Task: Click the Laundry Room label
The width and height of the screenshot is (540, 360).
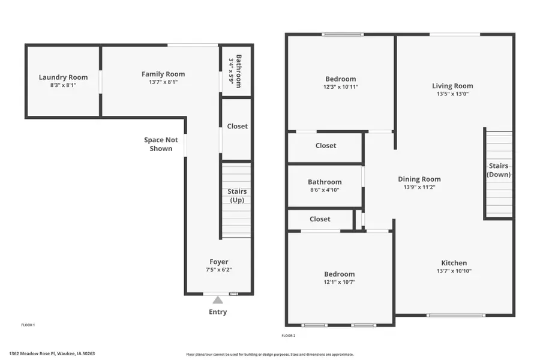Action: click(63, 77)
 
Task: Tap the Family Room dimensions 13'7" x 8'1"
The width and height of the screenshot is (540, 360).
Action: click(160, 82)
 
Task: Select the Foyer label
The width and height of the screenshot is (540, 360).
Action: click(219, 262)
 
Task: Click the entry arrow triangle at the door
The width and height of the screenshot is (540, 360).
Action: click(218, 299)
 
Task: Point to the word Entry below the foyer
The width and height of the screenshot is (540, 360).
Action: click(218, 312)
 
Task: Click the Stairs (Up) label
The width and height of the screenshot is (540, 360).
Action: click(237, 196)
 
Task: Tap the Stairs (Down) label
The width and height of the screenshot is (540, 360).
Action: click(499, 170)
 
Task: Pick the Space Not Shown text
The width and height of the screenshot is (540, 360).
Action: click(161, 144)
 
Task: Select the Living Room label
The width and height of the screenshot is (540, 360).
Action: click(452, 86)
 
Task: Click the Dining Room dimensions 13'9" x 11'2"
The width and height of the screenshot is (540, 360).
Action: click(419, 187)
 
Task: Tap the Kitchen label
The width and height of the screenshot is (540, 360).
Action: click(454, 263)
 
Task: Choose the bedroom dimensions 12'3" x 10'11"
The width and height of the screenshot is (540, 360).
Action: click(340, 87)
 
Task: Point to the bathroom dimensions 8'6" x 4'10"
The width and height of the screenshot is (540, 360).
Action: click(325, 190)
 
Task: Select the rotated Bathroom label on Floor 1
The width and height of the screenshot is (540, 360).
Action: click(238, 71)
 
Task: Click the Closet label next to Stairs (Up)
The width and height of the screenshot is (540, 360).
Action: click(237, 126)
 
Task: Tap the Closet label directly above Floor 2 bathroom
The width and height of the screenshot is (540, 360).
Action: click(326, 145)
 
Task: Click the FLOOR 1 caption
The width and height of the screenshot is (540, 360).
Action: click(28, 325)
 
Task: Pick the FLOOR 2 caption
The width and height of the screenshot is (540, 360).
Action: click(289, 335)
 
